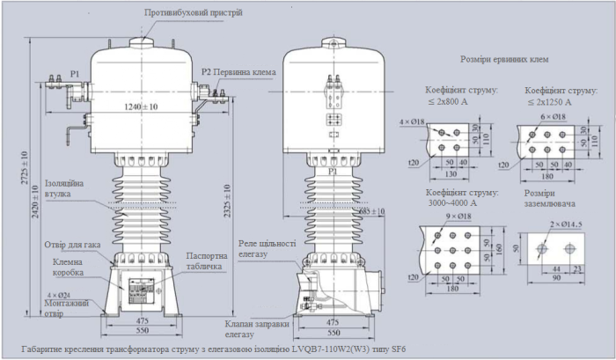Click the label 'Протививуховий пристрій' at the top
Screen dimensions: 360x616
[193, 13]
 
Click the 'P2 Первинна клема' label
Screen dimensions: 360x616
[235, 71]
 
